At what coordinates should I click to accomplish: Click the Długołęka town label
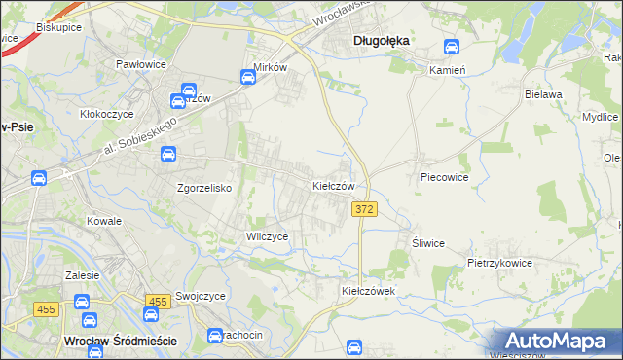click(x=380, y=40)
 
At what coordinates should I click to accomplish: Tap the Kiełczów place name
click(x=339, y=185)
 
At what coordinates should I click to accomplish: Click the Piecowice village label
click(x=445, y=178)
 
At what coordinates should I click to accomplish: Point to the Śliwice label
click(x=428, y=243)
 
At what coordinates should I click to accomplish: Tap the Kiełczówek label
click(x=366, y=291)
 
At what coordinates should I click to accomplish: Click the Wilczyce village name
click(x=266, y=236)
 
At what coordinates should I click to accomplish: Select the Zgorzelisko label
click(x=203, y=188)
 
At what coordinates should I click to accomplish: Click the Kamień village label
click(x=449, y=71)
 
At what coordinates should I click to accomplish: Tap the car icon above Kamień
click(x=452, y=47)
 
